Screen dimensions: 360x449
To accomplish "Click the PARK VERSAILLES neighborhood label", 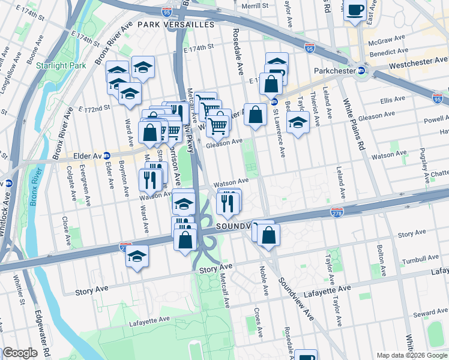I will [175, 25].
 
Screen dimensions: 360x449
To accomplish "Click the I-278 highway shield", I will [336, 212].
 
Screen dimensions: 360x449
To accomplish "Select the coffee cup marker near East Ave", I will [355, 10].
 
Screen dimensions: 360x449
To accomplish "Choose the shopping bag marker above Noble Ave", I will [270, 235].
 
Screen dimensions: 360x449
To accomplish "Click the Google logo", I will [20, 353].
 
